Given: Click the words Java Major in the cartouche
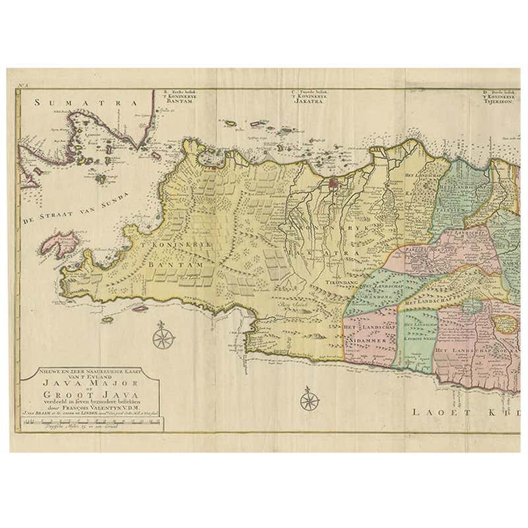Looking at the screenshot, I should click(x=87, y=387).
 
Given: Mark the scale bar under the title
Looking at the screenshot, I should click(x=86, y=426).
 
